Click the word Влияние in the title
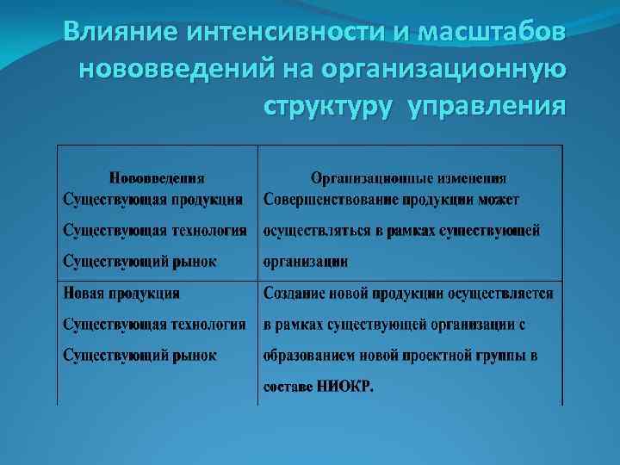(115, 33)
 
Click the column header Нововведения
(157, 178)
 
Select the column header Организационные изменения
(408, 178)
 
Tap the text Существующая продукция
(152, 200)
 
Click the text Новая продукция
(121, 293)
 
